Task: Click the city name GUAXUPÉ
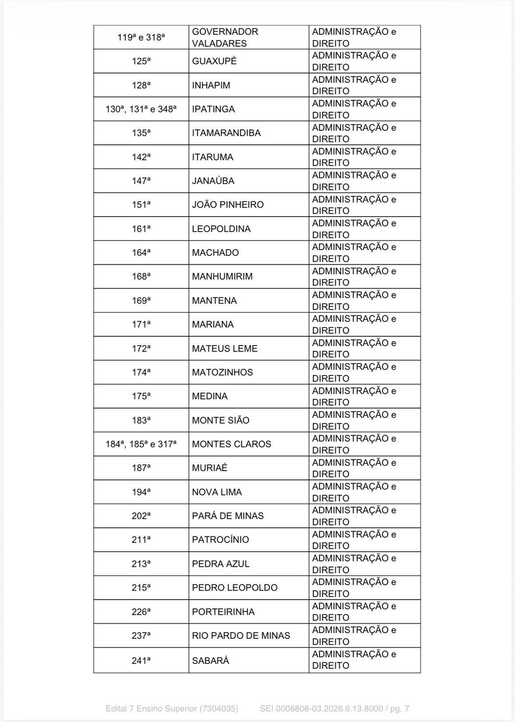pos(214,61)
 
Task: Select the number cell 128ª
pos(141,85)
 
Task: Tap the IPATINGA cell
pos(213,109)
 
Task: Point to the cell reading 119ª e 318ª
pos(141,37)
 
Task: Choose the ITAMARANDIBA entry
pos(226,133)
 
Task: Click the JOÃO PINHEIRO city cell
pos(228,205)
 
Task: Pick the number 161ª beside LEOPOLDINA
pos(141,229)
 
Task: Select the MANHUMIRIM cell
pos(222,277)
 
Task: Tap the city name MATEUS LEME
pos(225,349)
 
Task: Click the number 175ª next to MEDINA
pos(141,396)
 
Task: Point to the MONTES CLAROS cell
pos(231,444)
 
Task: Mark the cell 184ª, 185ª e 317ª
pos(141,444)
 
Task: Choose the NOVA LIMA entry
pos(217,492)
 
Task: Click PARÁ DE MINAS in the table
pos(228,516)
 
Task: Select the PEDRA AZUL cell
pos(221,564)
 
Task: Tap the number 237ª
pos(141,636)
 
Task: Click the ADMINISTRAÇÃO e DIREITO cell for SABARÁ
pos(354,660)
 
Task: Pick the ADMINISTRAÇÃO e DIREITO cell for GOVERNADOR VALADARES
pos(354,37)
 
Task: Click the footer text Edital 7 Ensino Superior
pos(171,708)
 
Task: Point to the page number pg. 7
pos(399,708)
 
